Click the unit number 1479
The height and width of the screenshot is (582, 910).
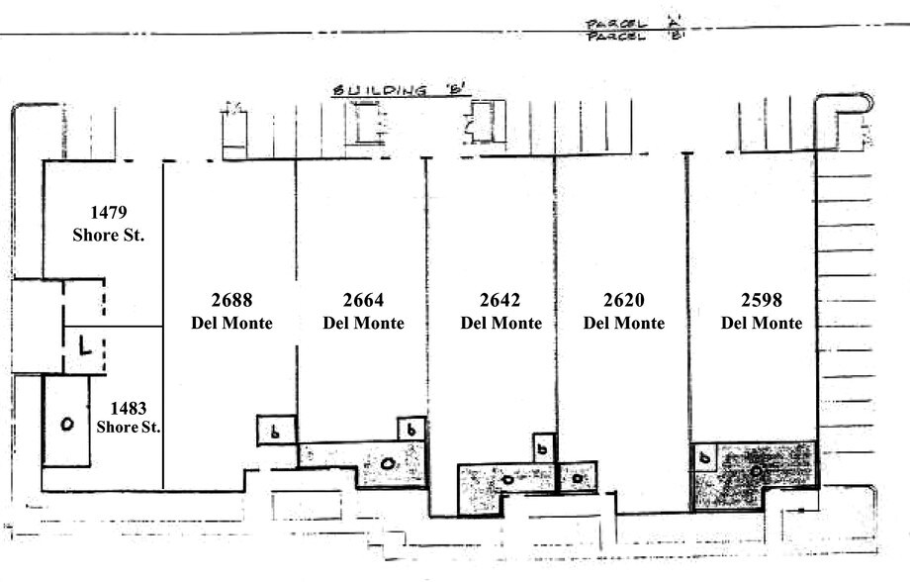tap(109, 213)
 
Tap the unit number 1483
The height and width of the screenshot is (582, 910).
tap(129, 407)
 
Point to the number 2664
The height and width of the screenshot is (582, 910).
tap(363, 301)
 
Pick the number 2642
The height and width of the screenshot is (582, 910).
tap(500, 301)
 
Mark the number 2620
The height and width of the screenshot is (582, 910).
tap(623, 301)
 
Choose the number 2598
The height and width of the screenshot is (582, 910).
tap(761, 301)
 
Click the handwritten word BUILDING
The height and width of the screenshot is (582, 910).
tap(382, 91)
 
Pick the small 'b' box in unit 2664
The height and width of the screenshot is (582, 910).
tap(410, 430)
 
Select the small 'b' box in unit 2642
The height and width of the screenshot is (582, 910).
tap(543, 448)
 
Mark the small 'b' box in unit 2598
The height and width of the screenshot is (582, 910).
tap(703, 457)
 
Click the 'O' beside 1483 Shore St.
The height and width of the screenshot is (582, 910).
tap(66, 425)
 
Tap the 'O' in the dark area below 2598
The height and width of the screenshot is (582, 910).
tap(756, 471)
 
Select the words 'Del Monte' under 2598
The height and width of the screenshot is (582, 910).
tap(761, 324)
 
